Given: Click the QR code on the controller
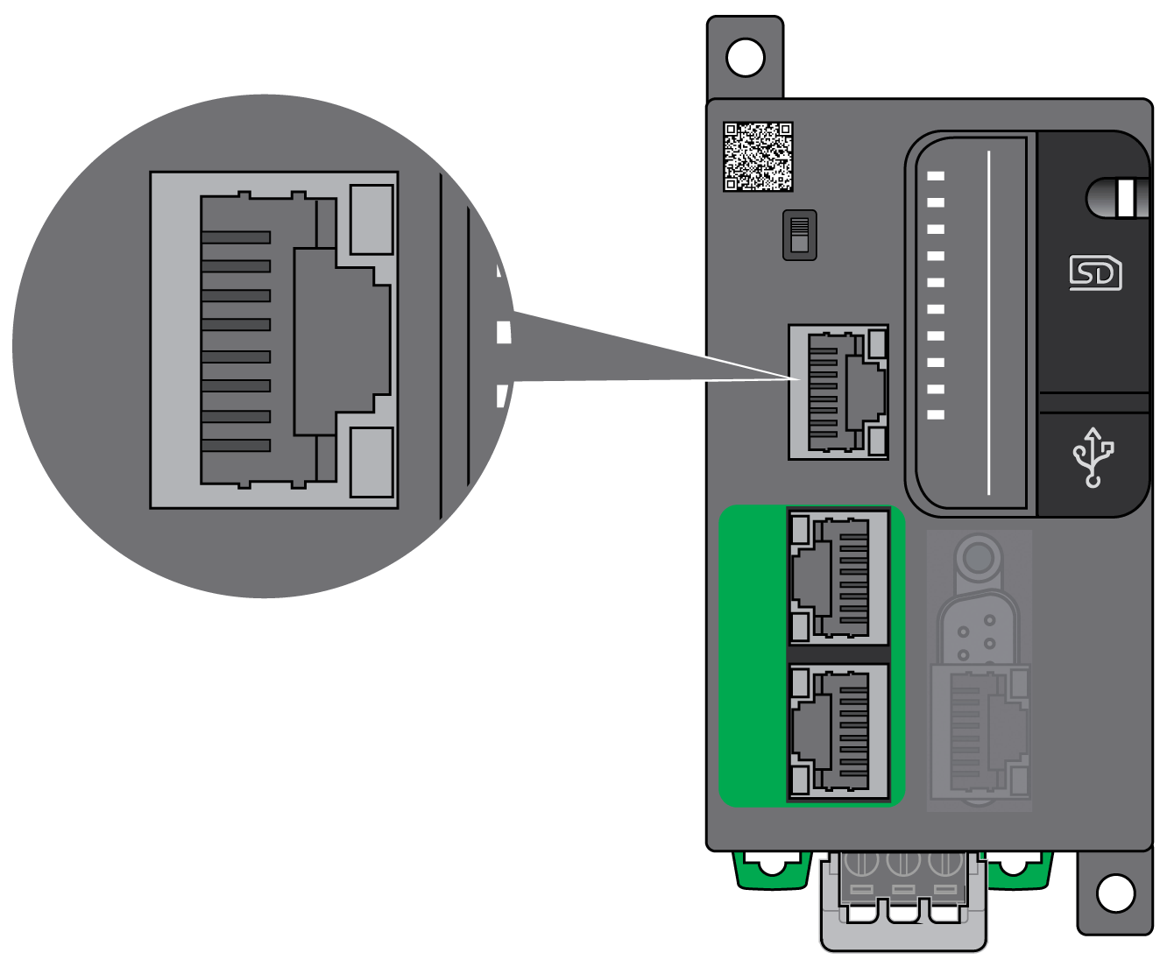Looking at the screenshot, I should point(758,157).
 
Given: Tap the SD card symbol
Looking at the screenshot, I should point(1095,272).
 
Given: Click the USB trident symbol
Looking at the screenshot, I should point(1093,456).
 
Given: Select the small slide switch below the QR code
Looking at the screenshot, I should point(799,235).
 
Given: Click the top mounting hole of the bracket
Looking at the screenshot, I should point(746,58).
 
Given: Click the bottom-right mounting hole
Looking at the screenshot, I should point(1115,893).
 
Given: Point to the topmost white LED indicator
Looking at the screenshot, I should point(936,176).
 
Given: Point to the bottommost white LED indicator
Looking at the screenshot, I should point(936,414).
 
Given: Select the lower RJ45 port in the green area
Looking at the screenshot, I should point(838,732).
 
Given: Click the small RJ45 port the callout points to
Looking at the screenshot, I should point(838,392).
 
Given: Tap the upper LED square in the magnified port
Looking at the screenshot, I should point(371,219).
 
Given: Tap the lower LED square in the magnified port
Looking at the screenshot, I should point(371,462).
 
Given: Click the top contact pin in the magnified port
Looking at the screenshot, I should point(236,237).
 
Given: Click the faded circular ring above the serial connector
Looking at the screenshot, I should point(979,556).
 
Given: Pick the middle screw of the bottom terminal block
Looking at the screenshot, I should point(902,862).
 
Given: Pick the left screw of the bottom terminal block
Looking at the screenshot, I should point(860,862).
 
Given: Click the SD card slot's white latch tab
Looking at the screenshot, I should point(1132,198).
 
